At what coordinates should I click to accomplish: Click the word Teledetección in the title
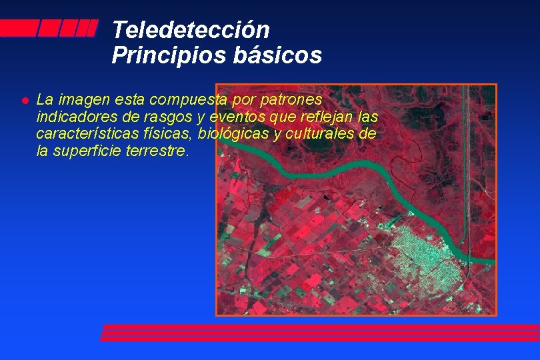click(x=191, y=30)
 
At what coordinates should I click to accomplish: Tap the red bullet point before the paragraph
click(x=24, y=101)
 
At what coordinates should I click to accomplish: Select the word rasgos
click(x=152, y=117)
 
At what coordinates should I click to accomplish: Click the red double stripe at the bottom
click(x=320, y=333)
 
